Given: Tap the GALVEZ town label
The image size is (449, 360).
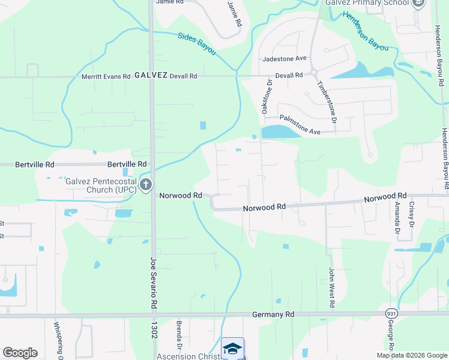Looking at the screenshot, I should (150, 76).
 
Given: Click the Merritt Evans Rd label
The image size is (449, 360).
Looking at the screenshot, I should (106, 76).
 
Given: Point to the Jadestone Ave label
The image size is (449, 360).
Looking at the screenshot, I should (285, 59).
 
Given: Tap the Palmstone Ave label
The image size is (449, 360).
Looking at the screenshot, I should (300, 118).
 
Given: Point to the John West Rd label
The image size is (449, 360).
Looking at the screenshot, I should (331, 288).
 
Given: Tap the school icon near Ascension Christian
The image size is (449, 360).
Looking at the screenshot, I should (232, 348).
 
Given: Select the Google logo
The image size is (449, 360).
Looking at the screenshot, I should (20, 353).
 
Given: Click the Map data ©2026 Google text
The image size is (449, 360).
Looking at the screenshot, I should (411, 355).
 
